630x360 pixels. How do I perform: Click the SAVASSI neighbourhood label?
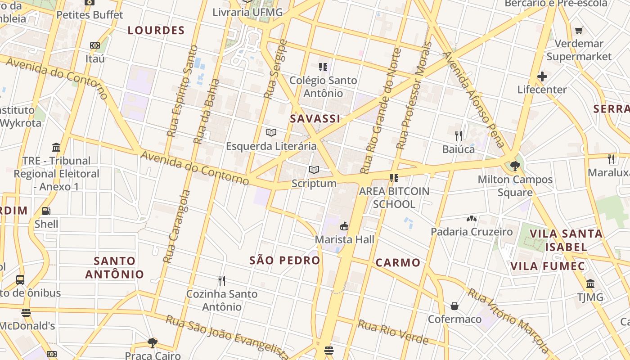point(315,119)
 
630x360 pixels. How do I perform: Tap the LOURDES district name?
point(156,31)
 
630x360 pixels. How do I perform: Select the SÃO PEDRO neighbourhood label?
point(284,261)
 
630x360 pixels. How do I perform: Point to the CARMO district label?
point(398,263)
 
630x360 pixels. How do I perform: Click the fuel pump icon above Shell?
point(46,211)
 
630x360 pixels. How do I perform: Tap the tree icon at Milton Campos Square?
point(515,166)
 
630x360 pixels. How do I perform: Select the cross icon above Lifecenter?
point(542,76)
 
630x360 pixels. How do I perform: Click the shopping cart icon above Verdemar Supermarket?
point(579,31)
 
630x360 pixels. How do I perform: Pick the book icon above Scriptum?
point(314,170)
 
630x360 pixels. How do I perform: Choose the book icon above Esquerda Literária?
point(271,133)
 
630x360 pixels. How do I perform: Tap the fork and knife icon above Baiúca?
point(459,135)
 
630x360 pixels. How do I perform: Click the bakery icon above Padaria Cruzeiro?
point(472,219)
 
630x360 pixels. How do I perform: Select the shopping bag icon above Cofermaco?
point(454,306)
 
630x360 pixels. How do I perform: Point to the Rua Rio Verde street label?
point(393,332)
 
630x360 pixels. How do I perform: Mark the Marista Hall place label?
point(344,239)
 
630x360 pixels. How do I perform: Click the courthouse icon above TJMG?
point(590,284)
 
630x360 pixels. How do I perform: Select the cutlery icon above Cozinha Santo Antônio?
point(221,281)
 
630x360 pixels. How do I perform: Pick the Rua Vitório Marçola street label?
point(508,320)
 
